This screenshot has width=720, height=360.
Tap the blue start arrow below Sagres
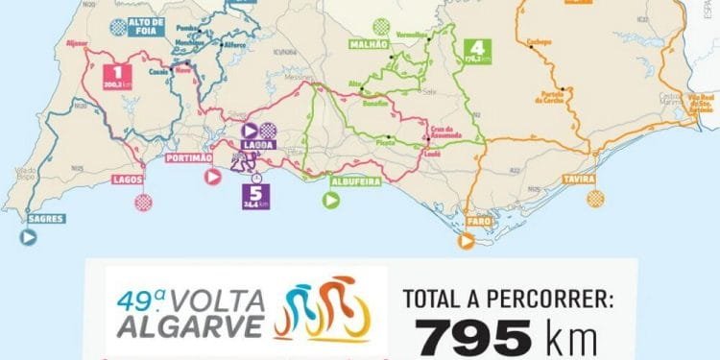(28, 236)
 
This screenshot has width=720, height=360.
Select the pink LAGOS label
(128, 180)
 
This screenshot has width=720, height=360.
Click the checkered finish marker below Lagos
(143, 203)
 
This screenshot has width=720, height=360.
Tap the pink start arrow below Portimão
(213, 177)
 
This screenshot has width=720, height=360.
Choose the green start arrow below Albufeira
(331, 201)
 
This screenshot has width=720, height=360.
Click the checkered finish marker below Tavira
(596, 199)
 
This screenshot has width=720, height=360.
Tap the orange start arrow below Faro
(466, 243)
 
